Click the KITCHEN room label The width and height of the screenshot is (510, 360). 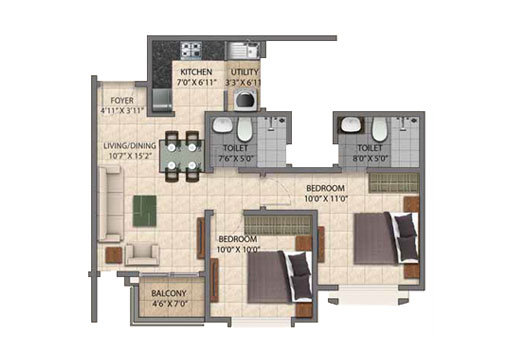(x=196, y=72)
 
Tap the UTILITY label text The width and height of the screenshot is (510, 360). (x=245, y=72)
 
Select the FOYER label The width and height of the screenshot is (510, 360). (x=122, y=100)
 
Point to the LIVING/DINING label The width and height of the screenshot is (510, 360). (x=130, y=146)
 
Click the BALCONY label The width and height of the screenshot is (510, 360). (x=169, y=293)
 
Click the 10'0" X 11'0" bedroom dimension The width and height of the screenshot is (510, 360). (x=326, y=199)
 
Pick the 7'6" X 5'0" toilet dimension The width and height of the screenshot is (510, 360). (x=236, y=158)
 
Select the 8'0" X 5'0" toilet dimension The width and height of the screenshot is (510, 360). (x=370, y=158)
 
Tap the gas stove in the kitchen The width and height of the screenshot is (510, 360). (x=191, y=50)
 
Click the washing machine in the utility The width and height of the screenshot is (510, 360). (x=246, y=99)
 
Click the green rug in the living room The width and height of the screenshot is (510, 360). (x=145, y=211)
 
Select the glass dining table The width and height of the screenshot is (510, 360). (x=182, y=156)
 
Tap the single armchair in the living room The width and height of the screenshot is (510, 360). (x=142, y=254)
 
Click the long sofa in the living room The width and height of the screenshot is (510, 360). (x=110, y=204)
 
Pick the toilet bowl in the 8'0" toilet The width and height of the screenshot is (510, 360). (x=379, y=129)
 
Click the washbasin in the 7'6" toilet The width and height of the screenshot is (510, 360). (x=222, y=125)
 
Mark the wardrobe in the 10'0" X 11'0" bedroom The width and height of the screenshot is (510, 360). (x=393, y=183)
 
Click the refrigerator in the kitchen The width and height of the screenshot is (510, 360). (x=162, y=100)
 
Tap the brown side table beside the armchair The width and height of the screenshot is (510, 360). (x=114, y=255)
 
